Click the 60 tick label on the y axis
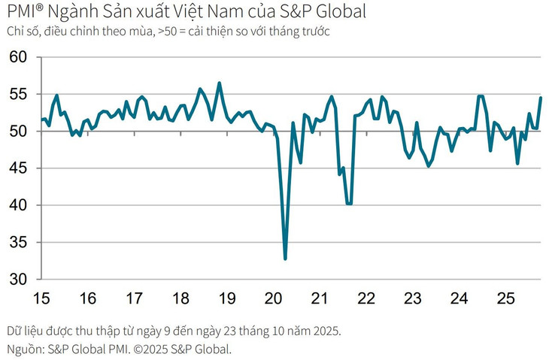tap(17, 58)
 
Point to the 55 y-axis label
tap(17, 95)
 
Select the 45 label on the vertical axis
tap(17, 168)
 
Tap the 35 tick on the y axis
tap(17, 242)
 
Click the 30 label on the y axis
tap(17, 279)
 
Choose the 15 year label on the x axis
tap(41, 298)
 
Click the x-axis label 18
tap(180, 298)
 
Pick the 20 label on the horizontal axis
tap(274, 298)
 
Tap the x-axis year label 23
tap(412, 298)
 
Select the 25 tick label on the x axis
tap(505, 298)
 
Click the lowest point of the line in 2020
tap(286, 259)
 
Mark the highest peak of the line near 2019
tap(219, 83)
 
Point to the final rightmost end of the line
tap(541, 98)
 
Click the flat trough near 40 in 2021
tap(349, 204)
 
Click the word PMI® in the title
tap(26, 11)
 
